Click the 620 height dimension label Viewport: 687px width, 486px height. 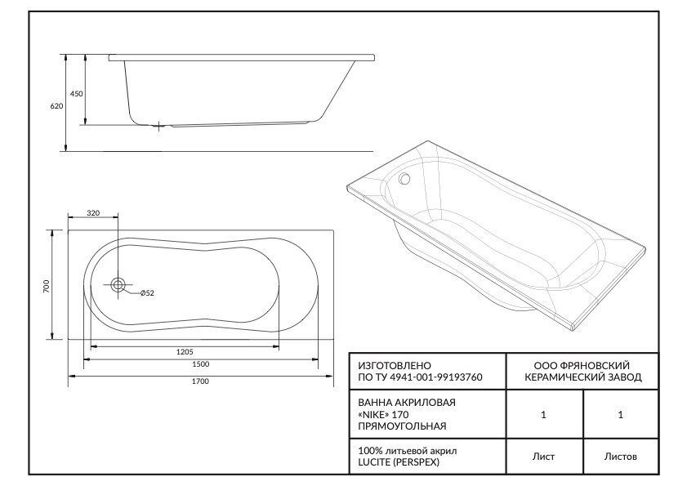[x=56, y=106]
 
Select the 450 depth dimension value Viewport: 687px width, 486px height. [x=76, y=94]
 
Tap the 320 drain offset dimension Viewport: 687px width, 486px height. [x=93, y=213]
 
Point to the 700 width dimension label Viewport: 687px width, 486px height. [x=47, y=286]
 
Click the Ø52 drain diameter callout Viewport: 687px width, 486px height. [x=148, y=293]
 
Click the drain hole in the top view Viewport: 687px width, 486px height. [x=119, y=285]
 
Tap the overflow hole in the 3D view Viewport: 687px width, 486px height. [x=404, y=179]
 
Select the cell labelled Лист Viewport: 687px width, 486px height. [x=543, y=457]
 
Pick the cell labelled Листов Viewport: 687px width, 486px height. [x=621, y=457]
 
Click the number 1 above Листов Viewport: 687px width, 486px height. [x=621, y=415]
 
